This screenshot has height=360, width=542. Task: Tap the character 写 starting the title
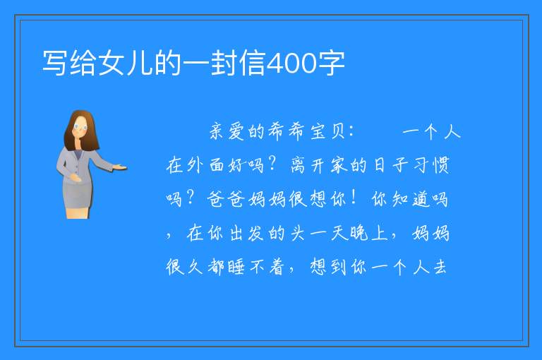(54, 64)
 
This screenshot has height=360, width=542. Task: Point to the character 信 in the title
(253, 64)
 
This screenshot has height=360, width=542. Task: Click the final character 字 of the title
(332, 64)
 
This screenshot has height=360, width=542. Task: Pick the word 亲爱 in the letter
(227, 132)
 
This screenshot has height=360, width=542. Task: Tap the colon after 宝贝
(351, 132)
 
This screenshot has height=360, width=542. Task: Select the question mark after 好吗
(272, 163)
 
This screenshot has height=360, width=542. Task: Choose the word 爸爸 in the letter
(227, 199)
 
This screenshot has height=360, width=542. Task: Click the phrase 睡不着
(255, 267)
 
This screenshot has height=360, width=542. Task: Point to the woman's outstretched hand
(120, 167)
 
